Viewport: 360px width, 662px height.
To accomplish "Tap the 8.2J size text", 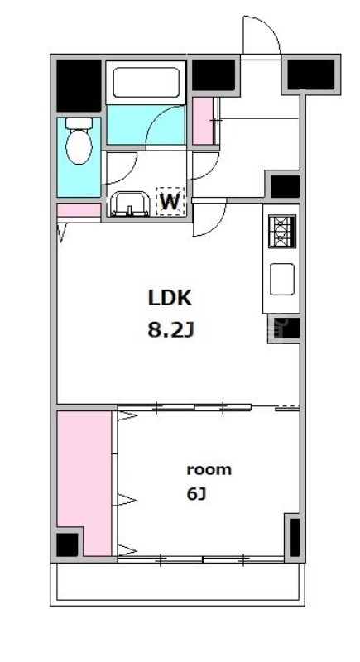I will [170, 331].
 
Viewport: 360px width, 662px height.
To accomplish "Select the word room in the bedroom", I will [209, 469].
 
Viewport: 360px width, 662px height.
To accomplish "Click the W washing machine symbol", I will [170, 200].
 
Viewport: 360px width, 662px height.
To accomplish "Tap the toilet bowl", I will [79, 142].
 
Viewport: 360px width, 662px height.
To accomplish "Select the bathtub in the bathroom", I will [146, 83].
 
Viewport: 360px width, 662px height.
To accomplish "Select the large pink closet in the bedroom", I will [84, 482].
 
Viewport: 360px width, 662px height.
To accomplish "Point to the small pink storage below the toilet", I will [77, 210].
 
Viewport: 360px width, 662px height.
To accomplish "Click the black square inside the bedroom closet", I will [66, 544].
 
